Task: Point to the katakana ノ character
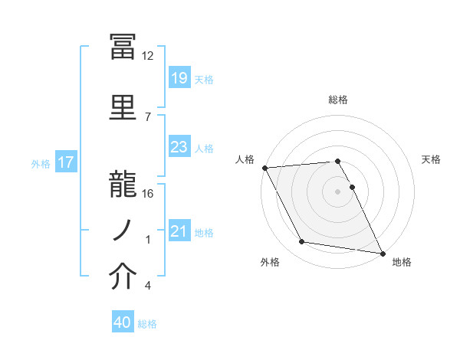(x=123, y=228)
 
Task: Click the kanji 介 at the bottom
(x=123, y=277)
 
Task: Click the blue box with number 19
(x=179, y=78)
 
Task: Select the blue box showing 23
(x=179, y=147)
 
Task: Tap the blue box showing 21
(x=179, y=231)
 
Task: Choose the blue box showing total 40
(x=123, y=322)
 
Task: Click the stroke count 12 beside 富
(x=148, y=56)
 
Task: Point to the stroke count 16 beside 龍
(x=148, y=194)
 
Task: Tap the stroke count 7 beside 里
(x=147, y=116)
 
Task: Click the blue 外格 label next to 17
(x=40, y=163)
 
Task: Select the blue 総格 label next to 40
(x=147, y=324)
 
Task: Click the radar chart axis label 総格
(x=338, y=100)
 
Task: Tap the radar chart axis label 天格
(x=431, y=159)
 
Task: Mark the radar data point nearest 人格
(x=264, y=168)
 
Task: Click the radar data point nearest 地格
(x=382, y=252)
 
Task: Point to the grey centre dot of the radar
(x=337, y=191)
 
